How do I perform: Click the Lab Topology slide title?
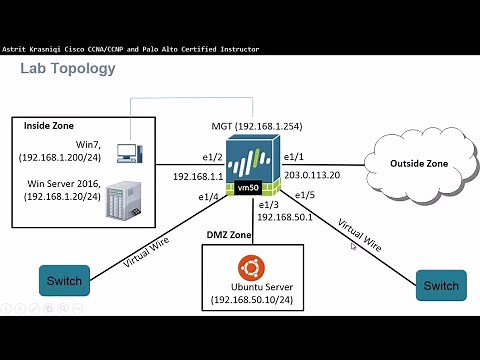coord(68,69)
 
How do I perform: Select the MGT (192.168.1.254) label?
coord(256,125)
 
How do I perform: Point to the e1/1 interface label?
coord(295,157)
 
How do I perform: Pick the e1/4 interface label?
coord(209,196)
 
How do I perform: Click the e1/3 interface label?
coord(269,203)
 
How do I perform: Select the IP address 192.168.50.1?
coord(286,216)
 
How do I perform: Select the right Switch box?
coord(440,285)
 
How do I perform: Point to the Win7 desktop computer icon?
coord(128,152)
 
